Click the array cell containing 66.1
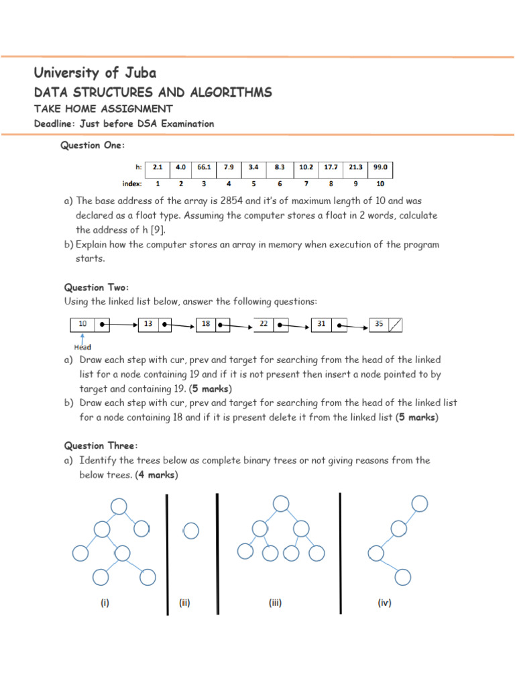click(x=204, y=167)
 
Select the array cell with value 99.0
click(x=380, y=167)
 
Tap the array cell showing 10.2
click(x=306, y=167)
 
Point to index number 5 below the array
click(x=254, y=183)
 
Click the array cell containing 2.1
click(x=158, y=167)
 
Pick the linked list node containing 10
click(x=90, y=325)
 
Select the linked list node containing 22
click(x=271, y=325)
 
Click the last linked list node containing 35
click(x=386, y=325)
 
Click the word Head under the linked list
click(x=82, y=348)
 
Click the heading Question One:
click(x=93, y=146)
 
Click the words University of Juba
click(x=95, y=73)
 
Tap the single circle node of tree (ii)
click(x=190, y=531)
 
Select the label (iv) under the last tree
click(x=384, y=603)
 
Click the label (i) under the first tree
click(x=105, y=603)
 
